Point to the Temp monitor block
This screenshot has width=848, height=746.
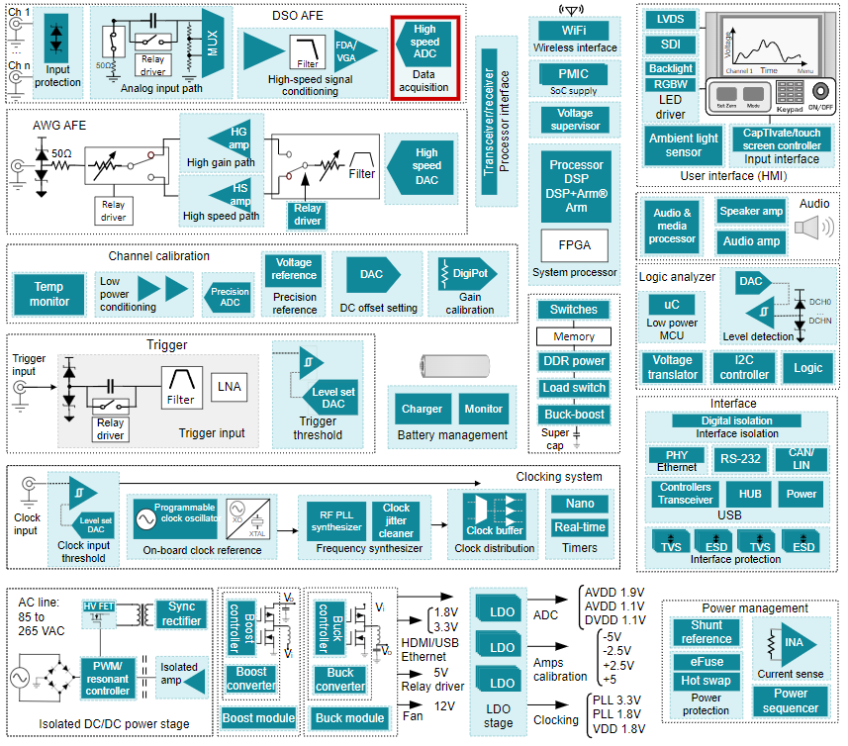tap(49, 294)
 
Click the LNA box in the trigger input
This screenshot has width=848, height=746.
tap(229, 387)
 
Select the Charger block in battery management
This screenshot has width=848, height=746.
tap(422, 409)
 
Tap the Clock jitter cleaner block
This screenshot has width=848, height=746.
tap(396, 520)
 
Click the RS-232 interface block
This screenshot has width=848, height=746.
tap(740, 460)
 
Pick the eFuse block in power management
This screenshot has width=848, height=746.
tap(706, 661)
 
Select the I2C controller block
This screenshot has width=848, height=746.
tap(744, 368)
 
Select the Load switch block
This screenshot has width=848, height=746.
tap(574, 388)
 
